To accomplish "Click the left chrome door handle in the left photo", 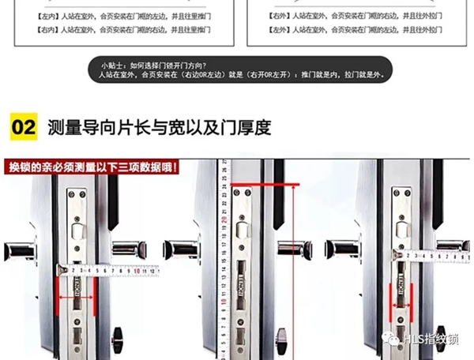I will click(x=19, y=251).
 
